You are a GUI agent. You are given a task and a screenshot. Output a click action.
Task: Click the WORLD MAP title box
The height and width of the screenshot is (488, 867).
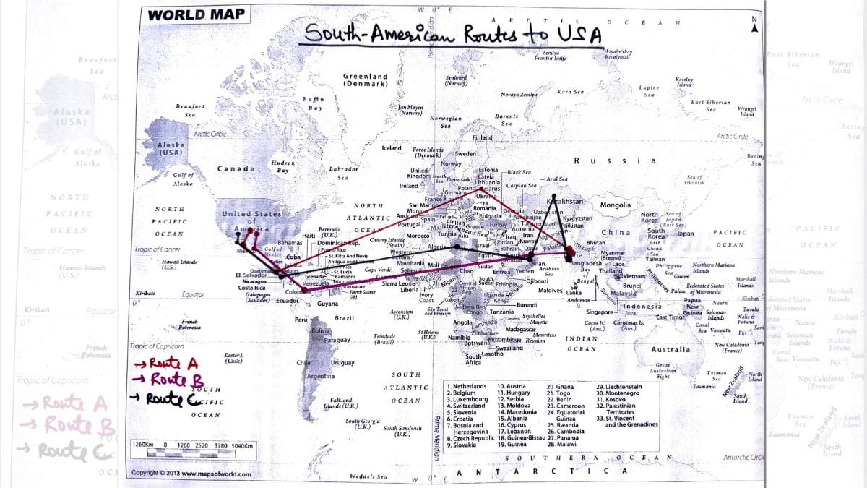pyautogui.click(x=196, y=14)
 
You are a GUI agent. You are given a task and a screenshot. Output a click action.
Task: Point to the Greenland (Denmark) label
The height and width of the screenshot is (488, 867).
pyautogui.click(x=365, y=80)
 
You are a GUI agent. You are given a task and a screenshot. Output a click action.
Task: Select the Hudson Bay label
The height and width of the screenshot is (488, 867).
pyautogui.click(x=282, y=167)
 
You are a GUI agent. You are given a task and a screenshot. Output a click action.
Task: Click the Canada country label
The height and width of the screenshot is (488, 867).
pyautogui.click(x=236, y=169)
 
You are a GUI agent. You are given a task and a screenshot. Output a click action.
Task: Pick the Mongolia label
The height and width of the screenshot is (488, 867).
pyautogui.click(x=616, y=205)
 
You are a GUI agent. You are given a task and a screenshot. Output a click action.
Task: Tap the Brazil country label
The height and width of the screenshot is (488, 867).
pyautogui.click(x=344, y=318)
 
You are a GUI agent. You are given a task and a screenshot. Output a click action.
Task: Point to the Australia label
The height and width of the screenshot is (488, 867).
pyautogui.click(x=670, y=350)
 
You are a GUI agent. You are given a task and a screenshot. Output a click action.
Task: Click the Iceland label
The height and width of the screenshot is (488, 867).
pyautogui.click(x=392, y=149)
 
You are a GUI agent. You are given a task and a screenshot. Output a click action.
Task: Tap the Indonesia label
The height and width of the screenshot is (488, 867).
pyautogui.click(x=642, y=307)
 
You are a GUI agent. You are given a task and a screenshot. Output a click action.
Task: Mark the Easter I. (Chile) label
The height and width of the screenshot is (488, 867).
pyautogui.click(x=233, y=359)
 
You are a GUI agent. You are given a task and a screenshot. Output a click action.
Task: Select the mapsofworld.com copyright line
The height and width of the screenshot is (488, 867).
pyautogui.click(x=191, y=474)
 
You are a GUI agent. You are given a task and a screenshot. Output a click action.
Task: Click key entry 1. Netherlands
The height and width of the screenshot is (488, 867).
pyautogui.click(x=470, y=387)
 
